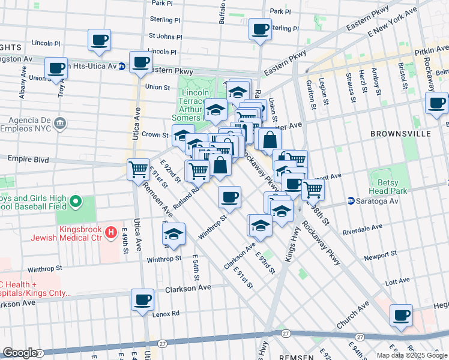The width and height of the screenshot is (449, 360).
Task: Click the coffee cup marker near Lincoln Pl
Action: pos(100,41)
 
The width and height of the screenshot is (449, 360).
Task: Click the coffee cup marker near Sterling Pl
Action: pos(261,29)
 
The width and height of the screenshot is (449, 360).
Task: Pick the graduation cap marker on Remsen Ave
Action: pos(174,235)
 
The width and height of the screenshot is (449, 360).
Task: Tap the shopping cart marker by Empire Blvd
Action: pos(139,170)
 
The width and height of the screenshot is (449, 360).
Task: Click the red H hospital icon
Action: pos(110,232)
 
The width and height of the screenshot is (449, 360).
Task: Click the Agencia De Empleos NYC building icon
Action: pos(59,124)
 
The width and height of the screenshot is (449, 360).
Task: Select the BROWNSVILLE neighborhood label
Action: pos(397,133)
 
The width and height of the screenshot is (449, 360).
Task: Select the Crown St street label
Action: pos(154,135)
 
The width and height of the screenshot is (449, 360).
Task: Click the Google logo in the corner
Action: pos(20,353)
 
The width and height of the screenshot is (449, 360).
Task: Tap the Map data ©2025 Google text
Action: pos(411,355)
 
